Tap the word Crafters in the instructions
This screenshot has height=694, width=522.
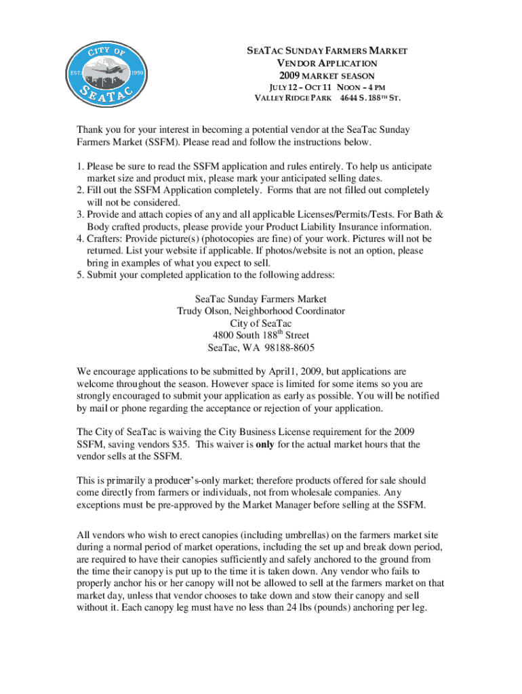point(106,239)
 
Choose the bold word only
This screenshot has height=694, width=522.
point(266,445)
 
